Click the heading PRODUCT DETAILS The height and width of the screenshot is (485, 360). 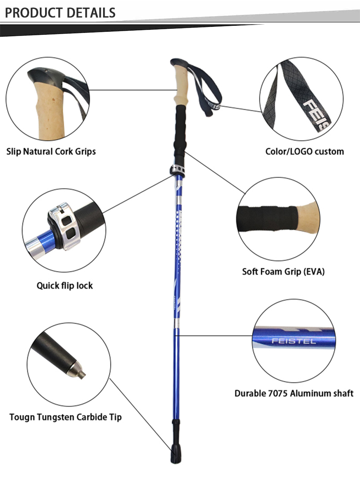pos(60,12)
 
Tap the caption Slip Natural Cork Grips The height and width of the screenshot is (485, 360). pos(51,152)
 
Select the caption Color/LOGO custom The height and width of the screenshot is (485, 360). pos(304,152)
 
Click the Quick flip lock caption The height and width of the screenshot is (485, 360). pos(64,285)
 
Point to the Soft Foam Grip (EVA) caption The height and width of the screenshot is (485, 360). pos(283,272)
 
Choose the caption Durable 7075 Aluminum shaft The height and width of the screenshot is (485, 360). pos(294,393)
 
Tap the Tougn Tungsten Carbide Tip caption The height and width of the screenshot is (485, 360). pos(66,417)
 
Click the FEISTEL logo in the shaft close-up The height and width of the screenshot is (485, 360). pos(294,341)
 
